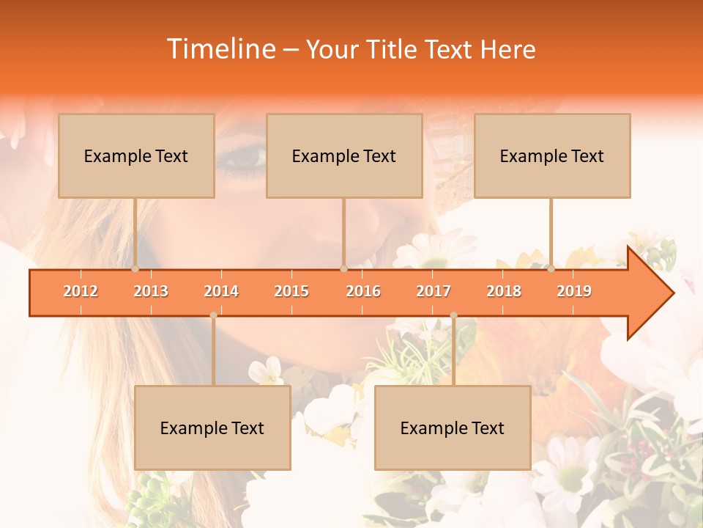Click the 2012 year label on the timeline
81,291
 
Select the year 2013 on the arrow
151,291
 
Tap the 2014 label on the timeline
221,291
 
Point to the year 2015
291,291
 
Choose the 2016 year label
363,291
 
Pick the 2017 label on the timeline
434,291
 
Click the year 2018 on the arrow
504,291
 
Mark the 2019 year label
574,291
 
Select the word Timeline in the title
220,49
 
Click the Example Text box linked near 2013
136,155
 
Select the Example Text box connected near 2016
344,155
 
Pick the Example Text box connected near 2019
552,155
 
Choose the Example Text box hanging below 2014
212,428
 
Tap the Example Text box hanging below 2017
453,428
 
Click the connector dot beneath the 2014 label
213,315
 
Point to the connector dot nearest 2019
551,268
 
